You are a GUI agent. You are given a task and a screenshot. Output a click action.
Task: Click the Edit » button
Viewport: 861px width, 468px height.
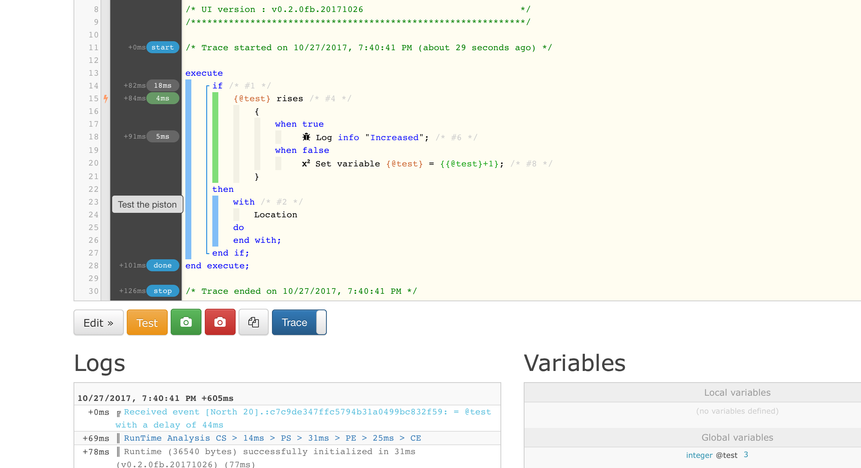pyautogui.click(x=98, y=322)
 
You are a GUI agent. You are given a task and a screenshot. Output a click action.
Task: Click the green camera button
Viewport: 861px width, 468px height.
pyautogui.click(x=186, y=322)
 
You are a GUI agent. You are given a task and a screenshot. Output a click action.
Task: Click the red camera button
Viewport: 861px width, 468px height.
pyautogui.click(x=220, y=322)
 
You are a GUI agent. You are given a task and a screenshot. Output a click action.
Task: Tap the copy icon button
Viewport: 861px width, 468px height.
pyautogui.click(x=254, y=322)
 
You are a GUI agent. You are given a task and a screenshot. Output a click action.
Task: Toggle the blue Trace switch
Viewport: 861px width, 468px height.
pyautogui.click(x=299, y=322)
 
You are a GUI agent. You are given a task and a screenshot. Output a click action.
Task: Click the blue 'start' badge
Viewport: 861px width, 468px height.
pyautogui.click(x=163, y=48)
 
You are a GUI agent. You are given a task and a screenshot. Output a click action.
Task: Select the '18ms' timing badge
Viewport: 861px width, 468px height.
pyautogui.click(x=163, y=86)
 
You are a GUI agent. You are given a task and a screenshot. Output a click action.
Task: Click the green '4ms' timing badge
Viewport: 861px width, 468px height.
pyautogui.click(x=163, y=99)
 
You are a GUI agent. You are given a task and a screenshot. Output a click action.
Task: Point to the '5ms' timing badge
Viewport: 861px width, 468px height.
pyautogui.click(x=163, y=137)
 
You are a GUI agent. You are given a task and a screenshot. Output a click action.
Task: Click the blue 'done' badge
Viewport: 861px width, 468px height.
pyautogui.click(x=163, y=266)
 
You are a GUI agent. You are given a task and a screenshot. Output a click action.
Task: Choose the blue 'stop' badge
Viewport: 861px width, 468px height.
pyautogui.click(x=163, y=291)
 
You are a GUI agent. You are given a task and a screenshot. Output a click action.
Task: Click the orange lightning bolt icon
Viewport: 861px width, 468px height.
pyautogui.click(x=106, y=99)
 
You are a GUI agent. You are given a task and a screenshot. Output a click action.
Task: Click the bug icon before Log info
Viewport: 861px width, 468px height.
pyautogui.click(x=307, y=137)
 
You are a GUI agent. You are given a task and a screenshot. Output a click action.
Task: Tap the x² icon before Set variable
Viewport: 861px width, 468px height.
pyautogui.click(x=306, y=163)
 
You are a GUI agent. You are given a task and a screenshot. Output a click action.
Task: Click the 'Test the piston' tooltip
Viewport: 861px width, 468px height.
pyautogui.click(x=147, y=205)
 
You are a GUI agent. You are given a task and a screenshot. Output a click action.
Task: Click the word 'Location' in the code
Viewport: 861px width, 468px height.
pyautogui.click(x=276, y=215)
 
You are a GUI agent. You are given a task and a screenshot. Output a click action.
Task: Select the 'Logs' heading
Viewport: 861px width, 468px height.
pyautogui.click(x=100, y=363)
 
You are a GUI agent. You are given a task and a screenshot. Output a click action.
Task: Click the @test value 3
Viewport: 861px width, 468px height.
pyautogui.click(x=746, y=455)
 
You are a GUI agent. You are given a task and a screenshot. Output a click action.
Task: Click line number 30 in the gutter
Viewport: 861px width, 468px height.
pyautogui.click(x=93, y=291)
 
